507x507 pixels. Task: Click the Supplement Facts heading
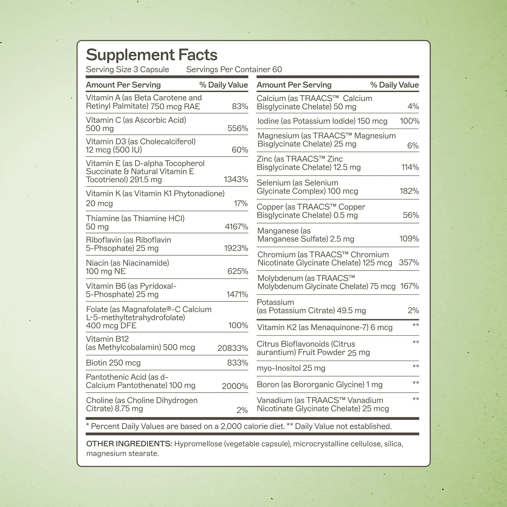pyautogui.click(x=152, y=55)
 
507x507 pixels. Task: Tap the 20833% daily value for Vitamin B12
pyautogui.click(x=232, y=348)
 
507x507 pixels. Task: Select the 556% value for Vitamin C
pyautogui.click(x=238, y=128)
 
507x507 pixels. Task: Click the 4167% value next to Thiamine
pyautogui.click(x=236, y=226)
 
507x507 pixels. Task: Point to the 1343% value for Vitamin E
pyautogui.click(x=236, y=179)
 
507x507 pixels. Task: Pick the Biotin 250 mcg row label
pyautogui.click(x=113, y=363)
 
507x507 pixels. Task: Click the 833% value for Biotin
pyautogui.click(x=238, y=363)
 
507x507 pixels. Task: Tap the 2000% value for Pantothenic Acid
pyautogui.click(x=235, y=386)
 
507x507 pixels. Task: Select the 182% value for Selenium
pyautogui.click(x=409, y=191)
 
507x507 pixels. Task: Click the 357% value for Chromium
pyautogui.click(x=409, y=262)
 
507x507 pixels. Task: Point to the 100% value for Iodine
pyautogui.click(x=409, y=121)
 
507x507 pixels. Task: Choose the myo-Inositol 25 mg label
pyautogui.click(x=291, y=368)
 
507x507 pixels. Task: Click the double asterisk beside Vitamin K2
pyautogui.click(x=416, y=326)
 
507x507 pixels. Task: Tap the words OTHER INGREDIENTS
pyautogui.click(x=129, y=444)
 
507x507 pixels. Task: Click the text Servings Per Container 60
pyautogui.click(x=234, y=69)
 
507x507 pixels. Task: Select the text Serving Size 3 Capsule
pyautogui.click(x=127, y=69)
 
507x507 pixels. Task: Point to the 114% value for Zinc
pyautogui.click(x=410, y=167)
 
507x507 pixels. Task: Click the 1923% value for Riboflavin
pyautogui.click(x=236, y=248)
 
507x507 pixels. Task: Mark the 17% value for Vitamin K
pyautogui.click(x=241, y=203)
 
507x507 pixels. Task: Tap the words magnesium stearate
pyautogui.click(x=122, y=454)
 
